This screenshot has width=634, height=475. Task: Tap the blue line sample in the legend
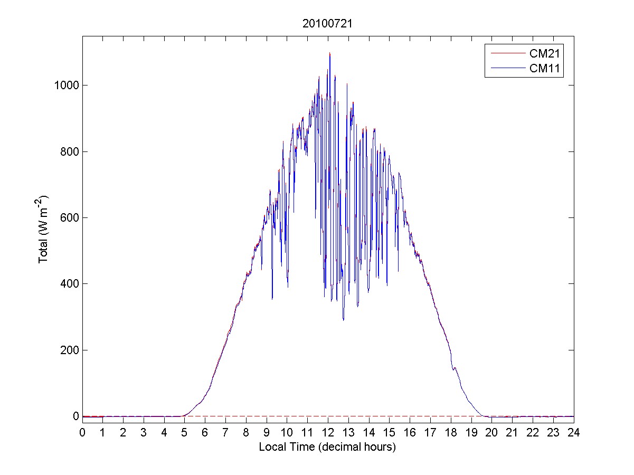pos(505,68)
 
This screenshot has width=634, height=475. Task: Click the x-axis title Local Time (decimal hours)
pos(327,447)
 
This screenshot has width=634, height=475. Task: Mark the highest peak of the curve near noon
pos(329,53)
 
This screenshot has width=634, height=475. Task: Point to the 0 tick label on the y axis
pos(76,416)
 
